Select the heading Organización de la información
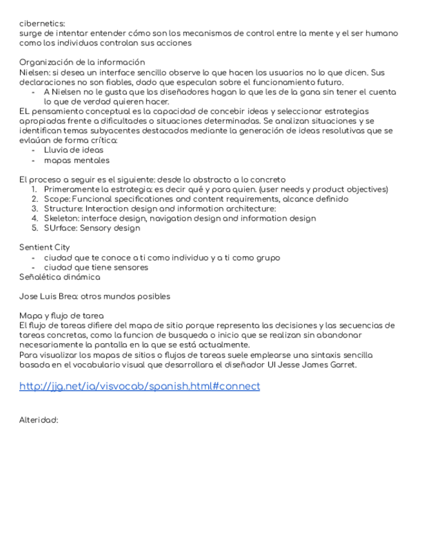[x=82, y=63]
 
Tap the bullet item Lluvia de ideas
[x=73, y=150]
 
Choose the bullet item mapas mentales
[x=77, y=160]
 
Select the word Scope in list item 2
[x=56, y=199]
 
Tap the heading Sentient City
[x=44, y=247]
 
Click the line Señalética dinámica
[x=59, y=277]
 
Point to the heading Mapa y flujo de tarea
[x=61, y=315]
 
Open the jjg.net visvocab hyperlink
[x=140, y=386]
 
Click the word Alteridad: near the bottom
[x=39, y=419]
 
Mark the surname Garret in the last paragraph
[x=342, y=364]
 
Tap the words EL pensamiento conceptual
[x=69, y=111]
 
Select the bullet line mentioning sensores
[x=96, y=267]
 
